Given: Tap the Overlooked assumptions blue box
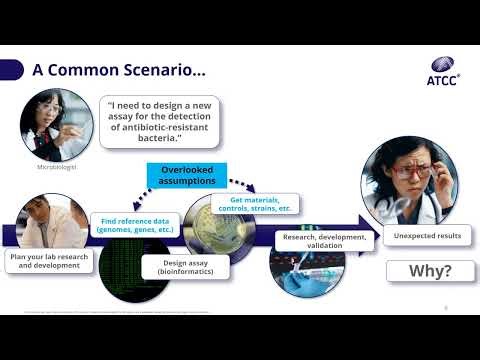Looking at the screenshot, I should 188,177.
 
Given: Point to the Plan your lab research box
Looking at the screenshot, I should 48,262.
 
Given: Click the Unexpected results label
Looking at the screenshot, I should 416,237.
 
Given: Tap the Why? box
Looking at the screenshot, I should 416,271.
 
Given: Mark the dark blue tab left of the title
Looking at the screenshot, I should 11,70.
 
